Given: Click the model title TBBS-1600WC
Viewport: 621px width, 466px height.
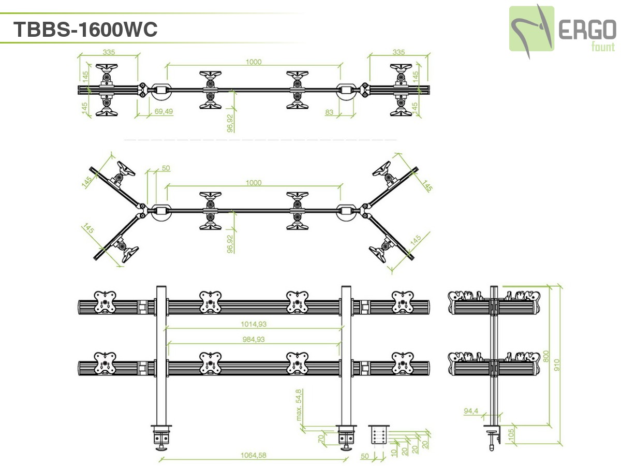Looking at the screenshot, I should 85,30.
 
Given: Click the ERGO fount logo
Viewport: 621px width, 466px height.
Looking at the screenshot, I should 562,30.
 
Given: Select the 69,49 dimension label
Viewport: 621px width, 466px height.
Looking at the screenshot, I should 164,111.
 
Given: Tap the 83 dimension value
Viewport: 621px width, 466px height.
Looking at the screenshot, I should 329,111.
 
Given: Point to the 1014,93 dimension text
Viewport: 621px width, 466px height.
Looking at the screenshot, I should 253,324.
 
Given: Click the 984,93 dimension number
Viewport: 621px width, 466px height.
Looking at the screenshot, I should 253,340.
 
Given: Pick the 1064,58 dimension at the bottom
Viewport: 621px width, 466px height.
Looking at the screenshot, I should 253,456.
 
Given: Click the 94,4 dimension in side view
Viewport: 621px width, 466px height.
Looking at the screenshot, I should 470,411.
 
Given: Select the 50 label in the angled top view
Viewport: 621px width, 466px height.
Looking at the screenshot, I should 166,168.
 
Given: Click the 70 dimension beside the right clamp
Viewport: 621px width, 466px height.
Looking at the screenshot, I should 321,439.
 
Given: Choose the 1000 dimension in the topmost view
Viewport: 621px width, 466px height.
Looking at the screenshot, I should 254,62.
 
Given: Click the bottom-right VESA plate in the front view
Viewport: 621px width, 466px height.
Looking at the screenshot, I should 402,363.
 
